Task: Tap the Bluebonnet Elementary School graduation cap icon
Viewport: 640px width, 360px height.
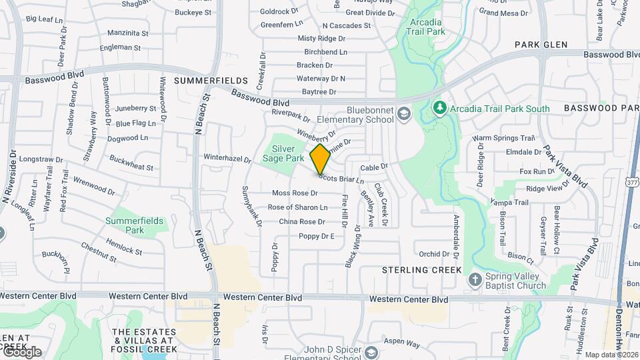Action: tap(404, 115)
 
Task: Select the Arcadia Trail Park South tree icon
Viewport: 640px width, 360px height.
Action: tap(439, 107)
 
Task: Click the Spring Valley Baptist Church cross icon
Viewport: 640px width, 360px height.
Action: tap(475, 279)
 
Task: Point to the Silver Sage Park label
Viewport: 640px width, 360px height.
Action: tap(289, 153)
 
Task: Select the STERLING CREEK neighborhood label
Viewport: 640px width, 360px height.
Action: tap(422, 270)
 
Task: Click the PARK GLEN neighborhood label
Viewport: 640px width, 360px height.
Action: tap(541, 45)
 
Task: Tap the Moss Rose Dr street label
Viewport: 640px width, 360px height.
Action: tap(295, 193)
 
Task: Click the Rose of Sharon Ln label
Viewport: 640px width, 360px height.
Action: tap(297, 207)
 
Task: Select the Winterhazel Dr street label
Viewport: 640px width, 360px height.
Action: tap(227, 159)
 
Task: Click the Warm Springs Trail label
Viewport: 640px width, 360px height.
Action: tap(504, 138)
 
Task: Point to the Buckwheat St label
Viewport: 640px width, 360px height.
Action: tap(131, 163)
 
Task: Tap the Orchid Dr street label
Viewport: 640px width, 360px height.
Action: tap(434, 254)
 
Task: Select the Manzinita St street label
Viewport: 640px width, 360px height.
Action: tap(127, 33)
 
